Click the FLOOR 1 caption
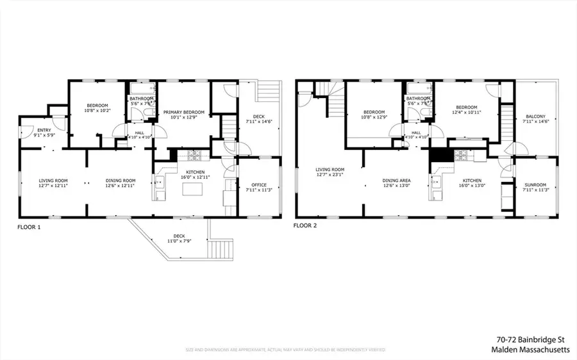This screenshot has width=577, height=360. (29, 226)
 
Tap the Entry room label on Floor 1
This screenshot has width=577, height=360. (26, 130)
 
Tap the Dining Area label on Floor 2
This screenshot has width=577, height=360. (397, 181)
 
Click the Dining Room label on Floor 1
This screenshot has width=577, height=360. (121, 181)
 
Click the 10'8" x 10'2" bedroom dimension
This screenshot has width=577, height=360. (98, 111)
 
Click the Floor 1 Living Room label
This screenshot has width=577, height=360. (53, 181)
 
